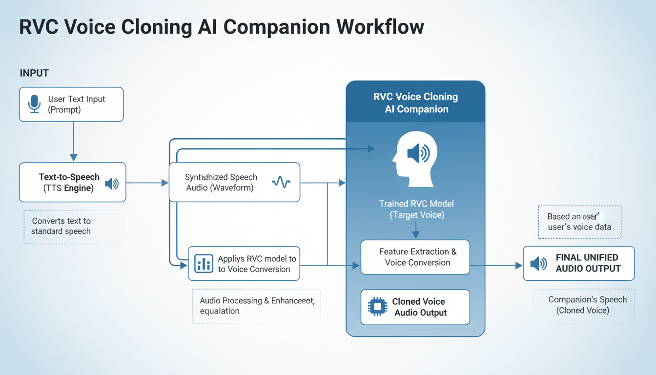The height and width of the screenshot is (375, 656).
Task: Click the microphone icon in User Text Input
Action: (x=34, y=104)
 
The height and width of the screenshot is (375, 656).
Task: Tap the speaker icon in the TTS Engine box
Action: (x=112, y=184)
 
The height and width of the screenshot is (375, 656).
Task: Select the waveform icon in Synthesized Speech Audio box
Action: (x=281, y=183)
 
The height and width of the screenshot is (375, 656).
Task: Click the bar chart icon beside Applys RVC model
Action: (x=203, y=264)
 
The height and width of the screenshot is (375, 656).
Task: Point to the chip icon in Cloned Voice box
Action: (x=377, y=307)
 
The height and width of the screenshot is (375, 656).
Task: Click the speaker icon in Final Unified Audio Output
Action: (x=538, y=264)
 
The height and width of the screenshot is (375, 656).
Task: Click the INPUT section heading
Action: (x=34, y=73)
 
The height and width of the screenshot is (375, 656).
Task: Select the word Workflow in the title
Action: (x=380, y=27)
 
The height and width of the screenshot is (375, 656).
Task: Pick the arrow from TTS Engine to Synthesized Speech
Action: (x=147, y=183)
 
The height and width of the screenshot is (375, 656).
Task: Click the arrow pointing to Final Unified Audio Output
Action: (x=496, y=266)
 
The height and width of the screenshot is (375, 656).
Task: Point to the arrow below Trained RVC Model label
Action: (x=415, y=230)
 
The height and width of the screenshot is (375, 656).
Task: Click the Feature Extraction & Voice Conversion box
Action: (x=415, y=257)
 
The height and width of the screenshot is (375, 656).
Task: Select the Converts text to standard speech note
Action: (x=61, y=227)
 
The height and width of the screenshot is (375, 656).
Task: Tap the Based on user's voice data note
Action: (x=579, y=222)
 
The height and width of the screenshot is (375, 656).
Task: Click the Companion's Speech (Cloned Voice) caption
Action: (x=583, y=305)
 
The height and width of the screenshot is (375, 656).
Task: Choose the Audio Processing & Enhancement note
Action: (x=257, y=306)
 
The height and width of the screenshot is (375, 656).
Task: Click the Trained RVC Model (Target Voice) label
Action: (x=416, y=209)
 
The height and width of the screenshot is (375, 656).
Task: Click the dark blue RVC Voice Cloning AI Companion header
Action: (x=415, y=103)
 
